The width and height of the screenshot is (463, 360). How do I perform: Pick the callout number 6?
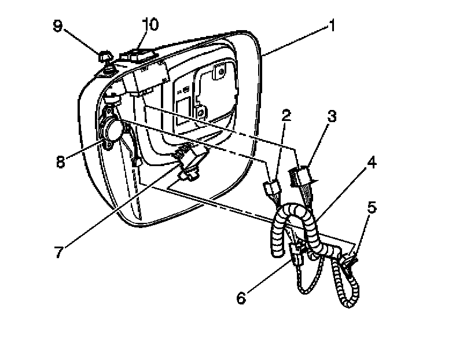242,299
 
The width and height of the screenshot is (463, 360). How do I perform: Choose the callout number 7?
58,254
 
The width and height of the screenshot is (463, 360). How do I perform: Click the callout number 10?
149,24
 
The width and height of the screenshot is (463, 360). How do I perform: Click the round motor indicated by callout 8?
112,128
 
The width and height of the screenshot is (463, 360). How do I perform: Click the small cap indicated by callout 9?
104,57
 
